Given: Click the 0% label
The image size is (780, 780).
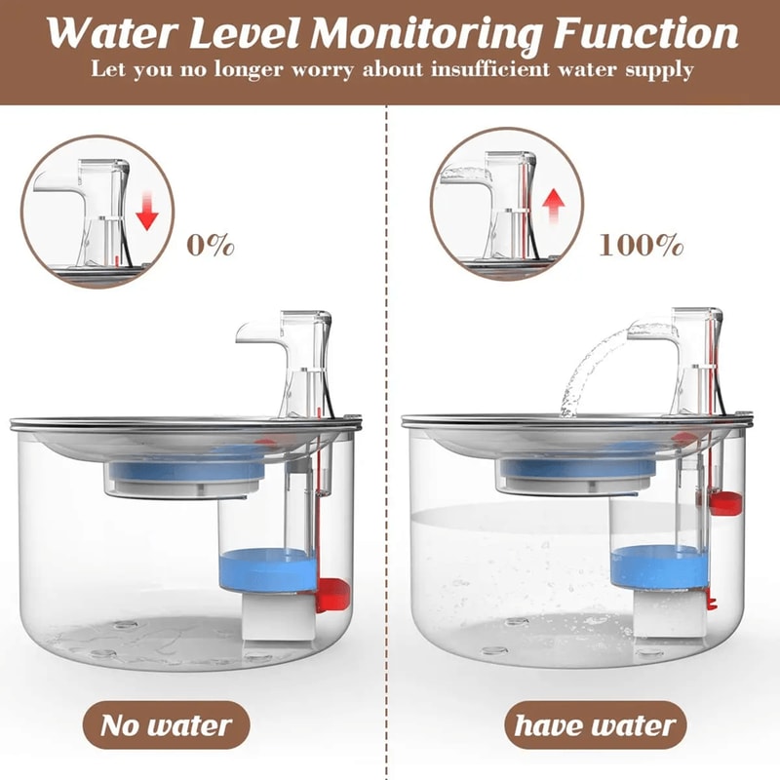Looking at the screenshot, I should pos(212,244).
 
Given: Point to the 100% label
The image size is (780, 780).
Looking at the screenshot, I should pos(641,244).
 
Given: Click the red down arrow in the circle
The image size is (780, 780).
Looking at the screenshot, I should pos(146,208).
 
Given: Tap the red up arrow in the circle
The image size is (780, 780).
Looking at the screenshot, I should pos(553,206).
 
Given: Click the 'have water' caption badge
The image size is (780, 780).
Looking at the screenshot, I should pos(595,725).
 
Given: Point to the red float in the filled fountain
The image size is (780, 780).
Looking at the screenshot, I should pos(726,501).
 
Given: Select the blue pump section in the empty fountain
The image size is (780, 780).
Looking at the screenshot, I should pos(265,569).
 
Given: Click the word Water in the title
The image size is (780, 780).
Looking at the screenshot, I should pos(107,35).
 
